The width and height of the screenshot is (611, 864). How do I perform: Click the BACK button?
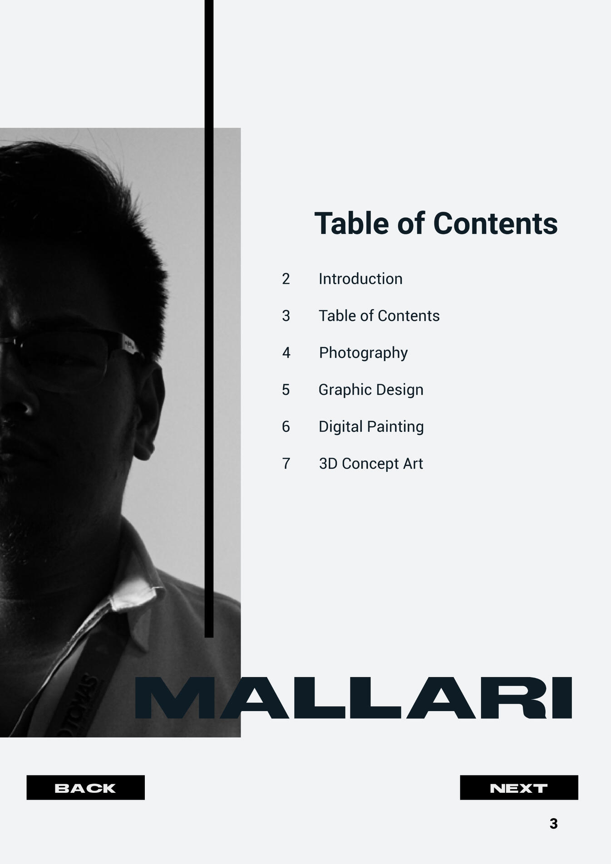(85, 787)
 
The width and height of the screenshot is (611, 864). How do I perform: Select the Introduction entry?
(360, 278)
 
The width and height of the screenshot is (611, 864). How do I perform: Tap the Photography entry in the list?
(363, 353)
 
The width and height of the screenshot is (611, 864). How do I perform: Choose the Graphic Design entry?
(371, 390)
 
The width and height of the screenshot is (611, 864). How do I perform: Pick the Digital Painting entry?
(371, 427)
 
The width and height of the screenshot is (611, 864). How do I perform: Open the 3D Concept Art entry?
(371, 464)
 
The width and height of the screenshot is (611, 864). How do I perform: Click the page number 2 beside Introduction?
(286, 278)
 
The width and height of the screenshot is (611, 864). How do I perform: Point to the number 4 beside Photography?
(286, 352)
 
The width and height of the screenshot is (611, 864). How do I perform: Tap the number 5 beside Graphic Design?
(286, 390)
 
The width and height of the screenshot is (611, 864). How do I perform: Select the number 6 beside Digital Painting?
(286, 426)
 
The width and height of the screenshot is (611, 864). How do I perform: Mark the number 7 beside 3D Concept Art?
(286, 464)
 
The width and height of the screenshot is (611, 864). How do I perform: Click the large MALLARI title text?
(353, 698)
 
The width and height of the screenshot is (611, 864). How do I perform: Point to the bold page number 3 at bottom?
(553, 824)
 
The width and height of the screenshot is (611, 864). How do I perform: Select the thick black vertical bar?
(209, 319)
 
